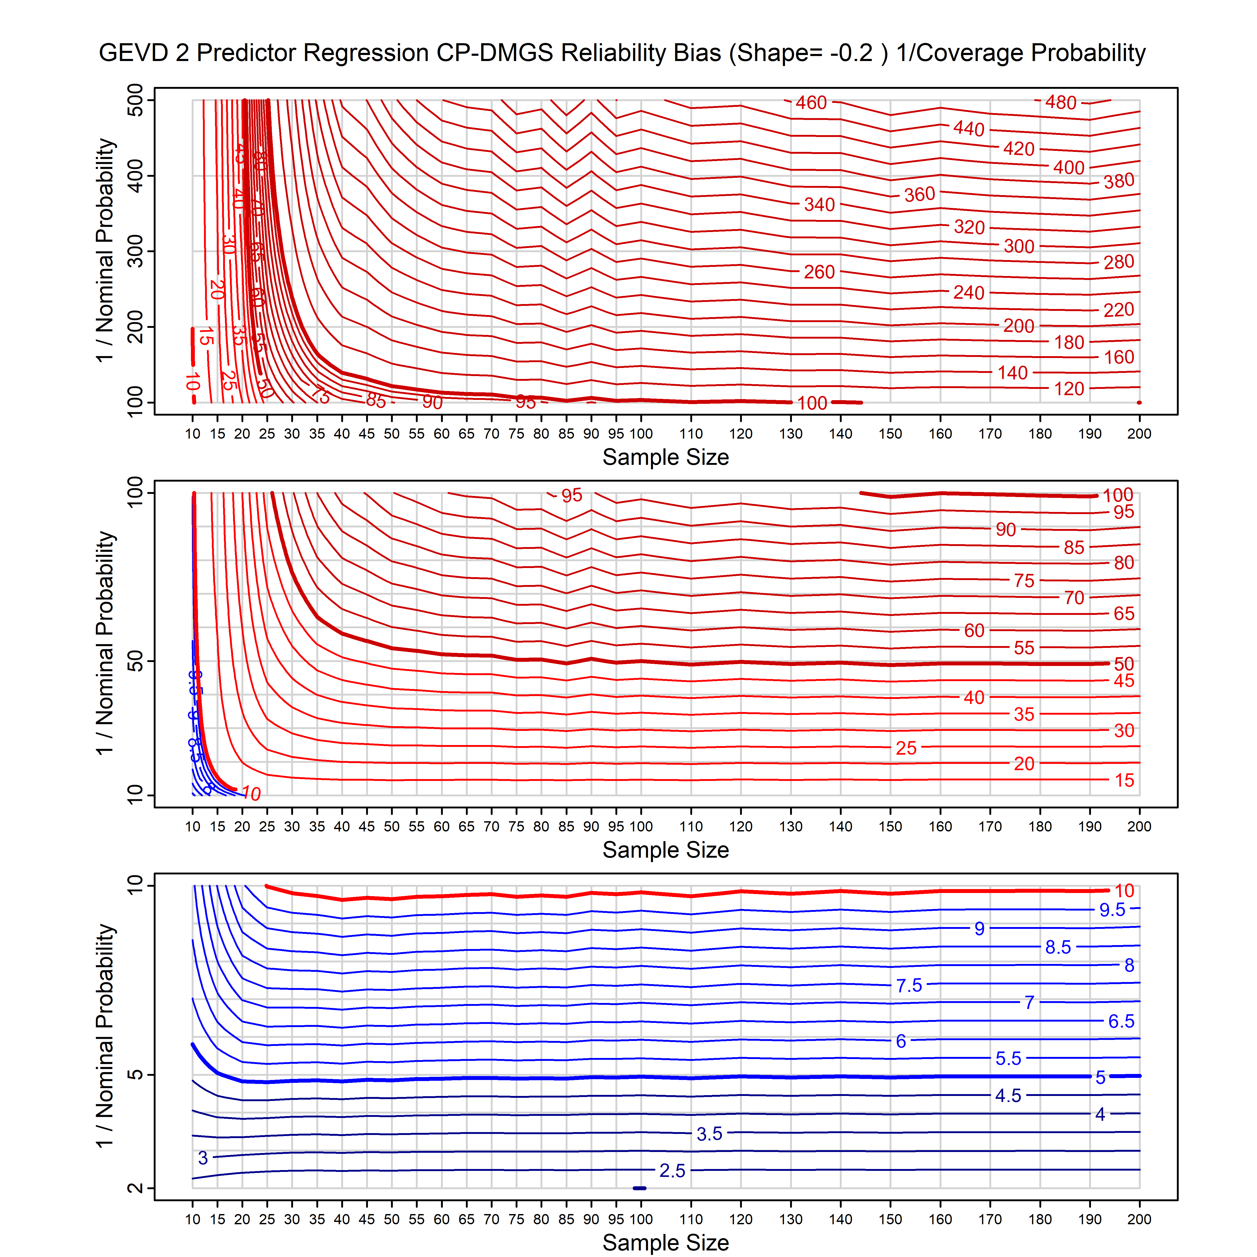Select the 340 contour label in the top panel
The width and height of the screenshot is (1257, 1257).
(x=819, y=205)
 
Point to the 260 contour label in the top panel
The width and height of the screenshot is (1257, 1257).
(x=819, y=272)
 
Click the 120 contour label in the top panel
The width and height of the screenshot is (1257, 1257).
(x=1069, y=389)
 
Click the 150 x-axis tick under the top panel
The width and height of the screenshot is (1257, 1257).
(x=890, y=434)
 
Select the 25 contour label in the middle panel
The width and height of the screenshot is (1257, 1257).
(x=906, y=748)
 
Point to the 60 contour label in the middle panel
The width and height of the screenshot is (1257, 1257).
(x=974, y=630)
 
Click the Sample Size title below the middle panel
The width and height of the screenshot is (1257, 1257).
(x=666, y=850)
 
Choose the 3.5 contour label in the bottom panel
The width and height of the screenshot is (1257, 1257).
(x=709, y=1134)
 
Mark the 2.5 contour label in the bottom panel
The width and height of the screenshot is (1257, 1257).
(x=672, y=1171)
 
